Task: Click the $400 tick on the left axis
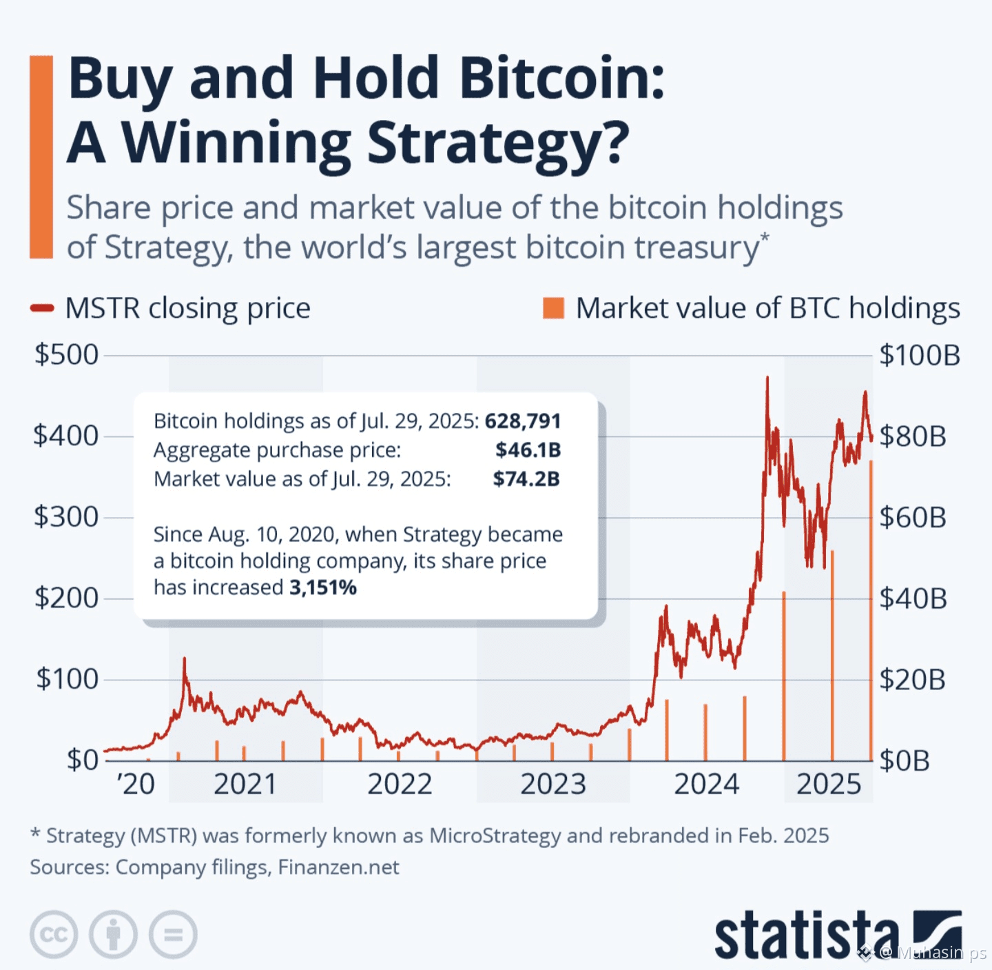click(66, 436)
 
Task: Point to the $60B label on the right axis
click(913, 517)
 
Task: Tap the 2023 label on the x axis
click(552, 784)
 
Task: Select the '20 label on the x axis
click(136, 784)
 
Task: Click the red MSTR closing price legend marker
click(42, 308)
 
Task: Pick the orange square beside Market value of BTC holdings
click(553, 308)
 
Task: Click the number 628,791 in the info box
click(523, 421)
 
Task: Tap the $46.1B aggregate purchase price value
click(528, 449)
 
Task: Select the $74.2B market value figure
click(526, 478)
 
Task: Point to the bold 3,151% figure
click(323, 587)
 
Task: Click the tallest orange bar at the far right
click(871, 610)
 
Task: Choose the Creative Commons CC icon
click(54, 934)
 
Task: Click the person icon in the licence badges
click(113, 934)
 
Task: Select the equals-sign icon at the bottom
click(173, 934)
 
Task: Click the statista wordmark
click(807, 935)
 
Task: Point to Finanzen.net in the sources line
click(338, 867)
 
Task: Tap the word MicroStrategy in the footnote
click(495, 836)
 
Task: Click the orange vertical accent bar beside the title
click(41, 157)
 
